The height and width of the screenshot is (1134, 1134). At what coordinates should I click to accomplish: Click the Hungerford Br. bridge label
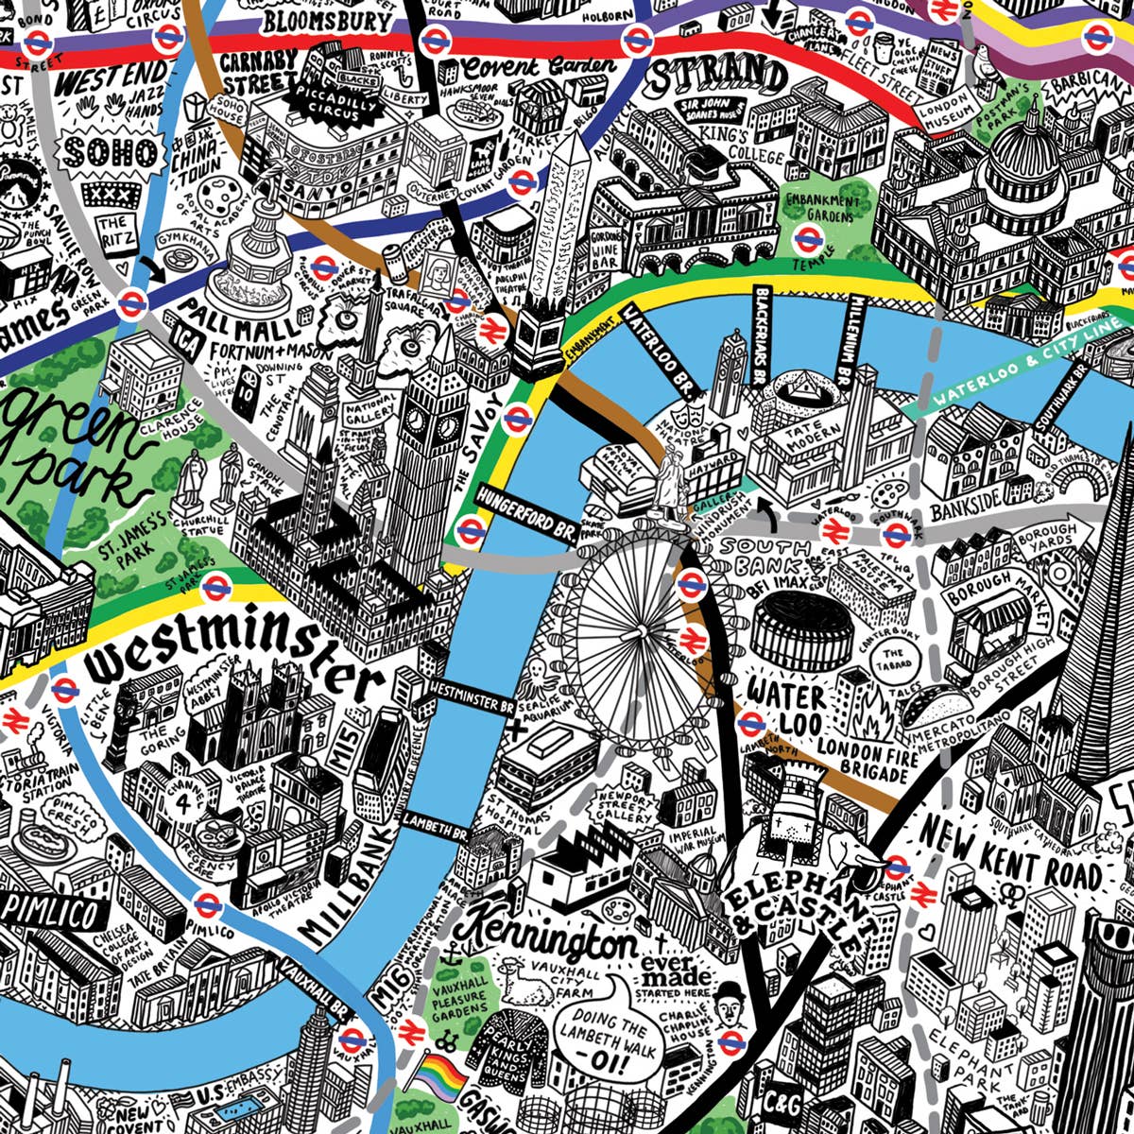(525, 507)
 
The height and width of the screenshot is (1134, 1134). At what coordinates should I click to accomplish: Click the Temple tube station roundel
(808, 238)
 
